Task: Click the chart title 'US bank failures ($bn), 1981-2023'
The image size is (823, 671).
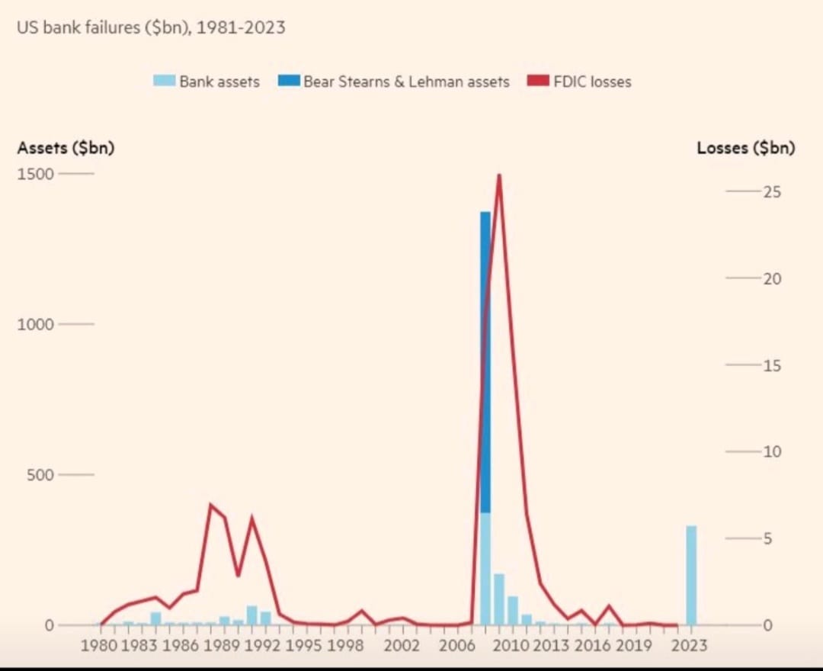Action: click(x=151, y=28)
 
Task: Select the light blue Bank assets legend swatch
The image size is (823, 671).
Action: click(x=164, y=81)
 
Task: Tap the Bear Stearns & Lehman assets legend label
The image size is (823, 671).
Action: click(x=406, y=82)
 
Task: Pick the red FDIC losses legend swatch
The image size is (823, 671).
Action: click(x=538, y=81)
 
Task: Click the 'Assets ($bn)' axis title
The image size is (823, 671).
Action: click(x=66, y=148)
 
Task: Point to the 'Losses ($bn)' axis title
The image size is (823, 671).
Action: click(x=745, y=148)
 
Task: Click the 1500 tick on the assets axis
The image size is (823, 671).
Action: click(x=36, y=174)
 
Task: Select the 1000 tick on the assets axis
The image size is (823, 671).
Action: click(x=36, y=324)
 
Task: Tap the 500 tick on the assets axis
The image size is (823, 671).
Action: click(x=40, y=475)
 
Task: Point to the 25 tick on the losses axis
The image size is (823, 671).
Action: click(x=772, y=192)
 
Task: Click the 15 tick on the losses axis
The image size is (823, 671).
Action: click(x=772, y=365)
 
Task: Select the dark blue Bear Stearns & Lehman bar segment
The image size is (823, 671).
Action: click(x=485, y=362)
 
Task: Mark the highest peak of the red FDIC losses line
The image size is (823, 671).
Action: click(x=499, y=176)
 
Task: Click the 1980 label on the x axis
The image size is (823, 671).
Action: click(x=99, y=646)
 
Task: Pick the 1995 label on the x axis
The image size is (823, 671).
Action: click(x=305, y=646)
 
